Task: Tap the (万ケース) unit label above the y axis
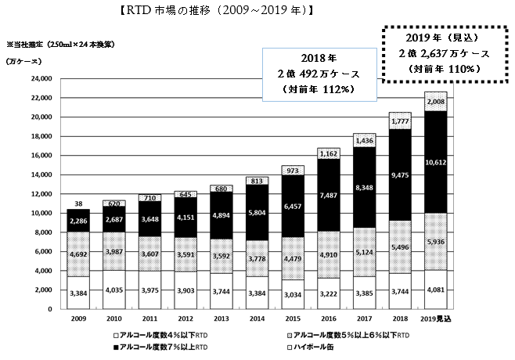[22, 61]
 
